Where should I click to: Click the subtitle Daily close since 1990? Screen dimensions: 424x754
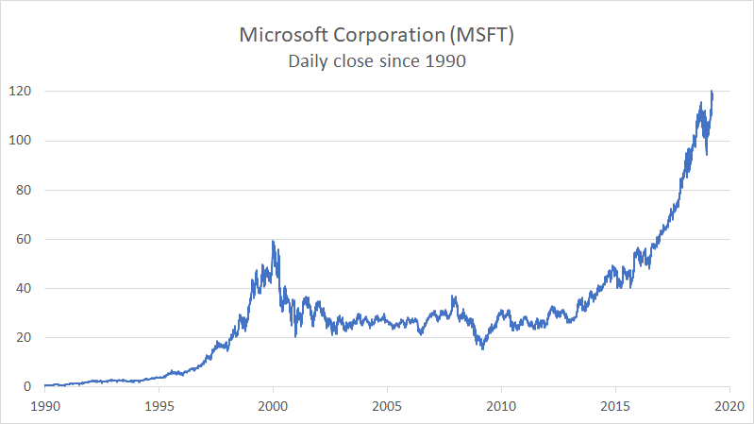(x=377, y=61)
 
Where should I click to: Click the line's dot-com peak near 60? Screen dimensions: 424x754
(x=273, y=242)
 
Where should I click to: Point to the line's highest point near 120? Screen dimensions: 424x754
(x=712, y=92)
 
